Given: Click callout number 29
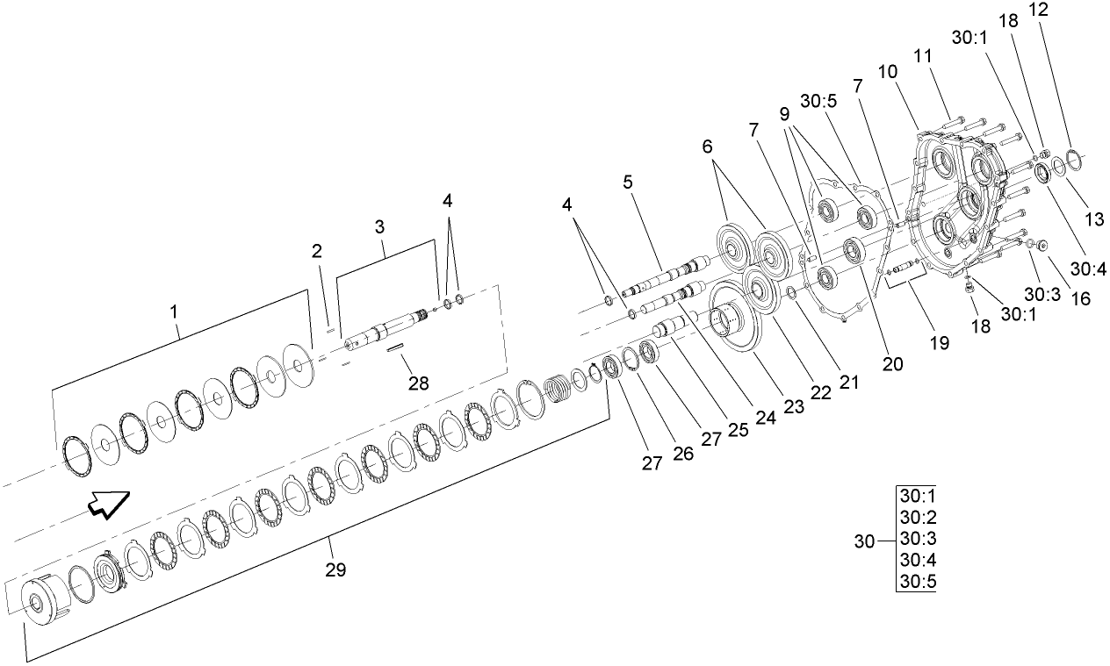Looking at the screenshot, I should tap(335, 569).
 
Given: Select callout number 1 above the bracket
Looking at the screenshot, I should tap(174, 311).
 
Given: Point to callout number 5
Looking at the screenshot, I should tap(627, 183).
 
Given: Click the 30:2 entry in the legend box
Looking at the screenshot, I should tap(916, 516).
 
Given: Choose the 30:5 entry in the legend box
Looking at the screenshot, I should tap(916, 582).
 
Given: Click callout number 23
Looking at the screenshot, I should tap(769, 405).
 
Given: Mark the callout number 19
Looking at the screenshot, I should tap(939, 343).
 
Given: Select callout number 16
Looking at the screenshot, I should tap(1079, 298).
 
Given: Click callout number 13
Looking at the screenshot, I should tap(1093, 220).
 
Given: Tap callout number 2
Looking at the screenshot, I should tap(316, 252).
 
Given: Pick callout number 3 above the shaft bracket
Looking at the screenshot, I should tap(379, 226).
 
